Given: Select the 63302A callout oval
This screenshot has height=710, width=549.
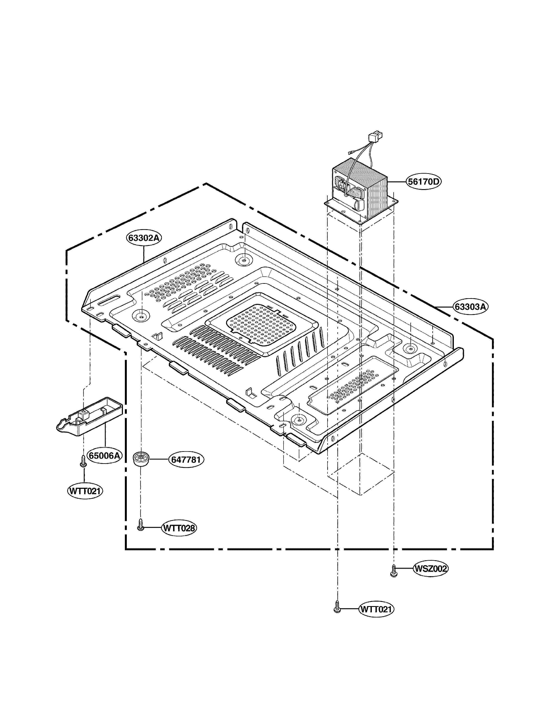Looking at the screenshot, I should point(144,238).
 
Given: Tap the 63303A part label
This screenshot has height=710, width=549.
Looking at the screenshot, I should point(470,307).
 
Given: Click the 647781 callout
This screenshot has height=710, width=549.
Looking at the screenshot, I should point(186,460).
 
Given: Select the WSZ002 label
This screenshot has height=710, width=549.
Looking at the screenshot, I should point(430,569).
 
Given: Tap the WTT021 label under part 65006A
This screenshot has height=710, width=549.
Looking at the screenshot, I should point(85,491).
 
